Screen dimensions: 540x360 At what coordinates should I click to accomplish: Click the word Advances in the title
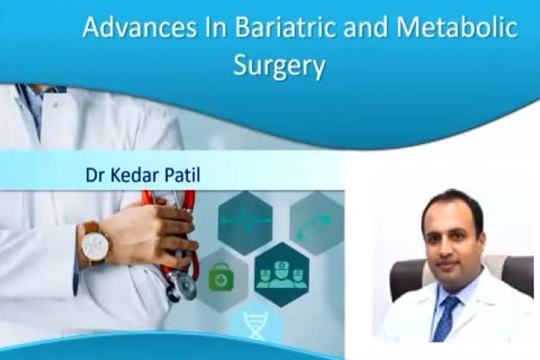tap(139, 27)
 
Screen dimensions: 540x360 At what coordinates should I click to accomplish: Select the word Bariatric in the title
tap(285, 27)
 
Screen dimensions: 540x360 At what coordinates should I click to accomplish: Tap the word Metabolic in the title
tap(456, 27)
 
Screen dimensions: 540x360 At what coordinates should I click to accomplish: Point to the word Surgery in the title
tap(279, 66)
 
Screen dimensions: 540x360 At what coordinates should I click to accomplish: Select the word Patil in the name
tap(182, 175)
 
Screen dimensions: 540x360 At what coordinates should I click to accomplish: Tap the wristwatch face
tap(94, 245)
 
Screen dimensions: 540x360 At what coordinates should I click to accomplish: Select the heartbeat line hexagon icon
tap(245, 222)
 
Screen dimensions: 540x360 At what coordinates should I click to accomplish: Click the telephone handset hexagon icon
tap(316, 223)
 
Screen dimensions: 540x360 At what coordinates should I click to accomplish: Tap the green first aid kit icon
tap(221, 276)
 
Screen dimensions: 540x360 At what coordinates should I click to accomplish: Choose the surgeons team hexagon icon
tap(282, 274)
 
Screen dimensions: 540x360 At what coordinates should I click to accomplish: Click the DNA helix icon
tap(256, 325)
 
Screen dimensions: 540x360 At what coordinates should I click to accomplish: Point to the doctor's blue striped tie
tap(445, 318)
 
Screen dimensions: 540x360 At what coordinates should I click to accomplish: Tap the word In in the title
tap(216, 27)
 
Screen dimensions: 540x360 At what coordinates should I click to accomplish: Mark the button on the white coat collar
tap(54, 103)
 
